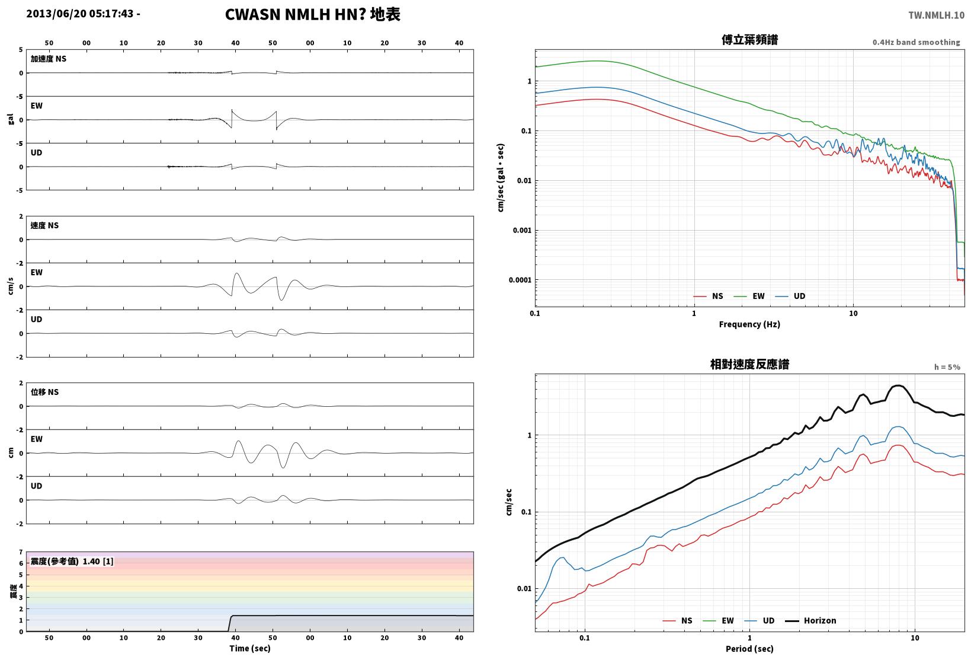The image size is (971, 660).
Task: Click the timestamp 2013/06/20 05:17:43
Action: coord(80,14)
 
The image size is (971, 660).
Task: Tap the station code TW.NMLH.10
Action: coord(936,15)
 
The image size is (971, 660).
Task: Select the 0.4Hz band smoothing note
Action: coord(916,42)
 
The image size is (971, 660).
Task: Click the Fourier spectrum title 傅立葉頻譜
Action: coord(749,40)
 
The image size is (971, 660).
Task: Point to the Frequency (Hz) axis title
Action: coord(749,324)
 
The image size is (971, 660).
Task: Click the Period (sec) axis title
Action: coord(749,649)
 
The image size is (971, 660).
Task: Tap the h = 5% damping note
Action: coord(947,367)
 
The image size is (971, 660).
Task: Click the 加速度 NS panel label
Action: coord(48,59)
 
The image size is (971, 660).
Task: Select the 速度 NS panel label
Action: coord(44,225)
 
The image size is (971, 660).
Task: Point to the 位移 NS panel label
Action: coord(44,392)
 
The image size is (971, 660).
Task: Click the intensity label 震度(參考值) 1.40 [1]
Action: coord(72,561)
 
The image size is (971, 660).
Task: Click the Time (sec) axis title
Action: coord(249,648)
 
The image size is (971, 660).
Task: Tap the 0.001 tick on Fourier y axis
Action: coord(522,230)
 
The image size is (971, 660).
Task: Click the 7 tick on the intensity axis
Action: coord(21,552)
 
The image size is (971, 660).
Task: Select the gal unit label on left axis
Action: coord(11,119)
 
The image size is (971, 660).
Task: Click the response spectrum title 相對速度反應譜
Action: coord(749,364)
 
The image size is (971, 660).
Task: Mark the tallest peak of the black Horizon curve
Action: coord(898,385)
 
